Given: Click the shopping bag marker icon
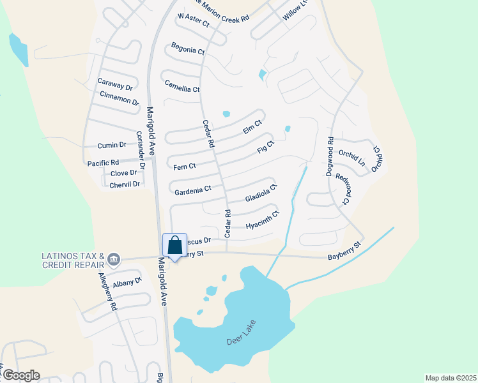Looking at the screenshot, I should tap(175, 246).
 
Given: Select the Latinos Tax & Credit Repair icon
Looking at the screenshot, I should tap(114, 259).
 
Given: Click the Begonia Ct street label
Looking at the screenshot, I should tap(188, 49).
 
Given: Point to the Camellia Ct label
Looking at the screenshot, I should tap(182, 86).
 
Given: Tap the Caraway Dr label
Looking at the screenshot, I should tap(115, 84).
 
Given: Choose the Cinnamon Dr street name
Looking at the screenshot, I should tap(119, 98).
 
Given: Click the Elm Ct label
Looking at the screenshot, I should tap(253, 126).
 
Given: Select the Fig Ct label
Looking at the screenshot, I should tap(265, 148).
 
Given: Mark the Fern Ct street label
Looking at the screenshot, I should tap(184, 167).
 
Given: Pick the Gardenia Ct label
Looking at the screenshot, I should tap(192, 190).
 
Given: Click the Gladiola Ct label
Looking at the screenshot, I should tap(261, 193).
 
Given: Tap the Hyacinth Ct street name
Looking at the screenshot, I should tap(263, 220).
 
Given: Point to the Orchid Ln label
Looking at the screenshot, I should tap(351, 158).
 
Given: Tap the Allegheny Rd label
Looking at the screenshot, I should tap(107, 292).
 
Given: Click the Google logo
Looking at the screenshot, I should tap(20, 375).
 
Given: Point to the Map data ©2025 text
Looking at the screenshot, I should tap(450, 378).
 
